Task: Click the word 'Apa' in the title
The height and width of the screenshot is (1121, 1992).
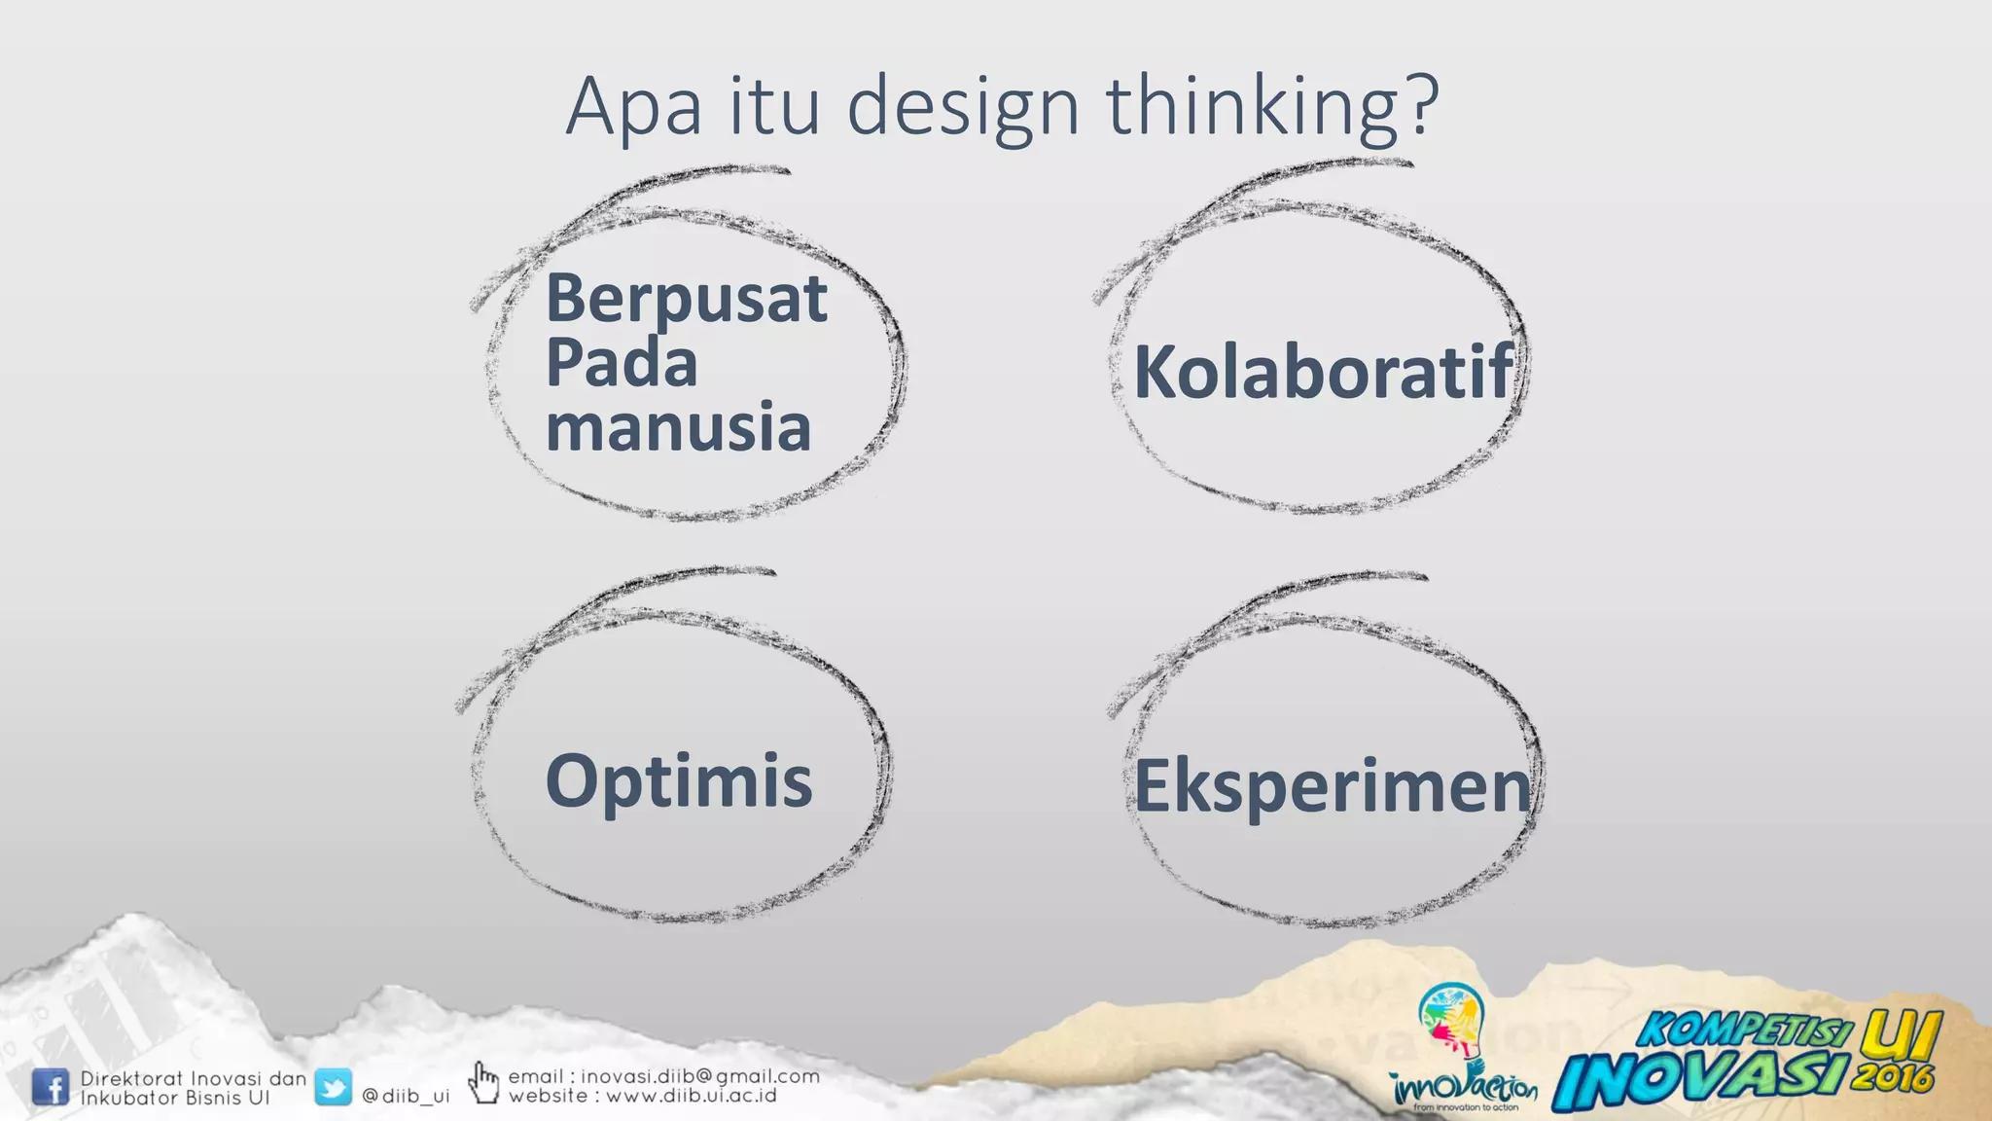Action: [633, 107]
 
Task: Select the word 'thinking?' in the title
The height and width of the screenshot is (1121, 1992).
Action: [1272, 107]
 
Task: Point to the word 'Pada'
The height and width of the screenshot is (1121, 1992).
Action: [622, 362]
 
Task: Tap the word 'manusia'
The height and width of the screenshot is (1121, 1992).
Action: [678, 426]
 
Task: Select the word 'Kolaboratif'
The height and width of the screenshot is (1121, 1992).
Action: [1324, 372]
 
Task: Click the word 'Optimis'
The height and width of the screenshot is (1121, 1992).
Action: [679, 780]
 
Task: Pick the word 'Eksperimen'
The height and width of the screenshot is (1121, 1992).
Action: [1333, 786]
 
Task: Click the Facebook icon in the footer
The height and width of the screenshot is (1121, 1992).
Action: [50, 1087]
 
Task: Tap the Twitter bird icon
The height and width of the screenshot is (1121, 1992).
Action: [333, 1087]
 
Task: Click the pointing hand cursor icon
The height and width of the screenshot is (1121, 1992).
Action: [483, 1082]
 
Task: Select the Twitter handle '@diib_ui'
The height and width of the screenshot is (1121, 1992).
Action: [406, 1096]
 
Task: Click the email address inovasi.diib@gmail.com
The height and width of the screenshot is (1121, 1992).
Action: [700, 1076]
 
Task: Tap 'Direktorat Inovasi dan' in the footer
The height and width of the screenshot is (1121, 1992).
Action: [193, 1078]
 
